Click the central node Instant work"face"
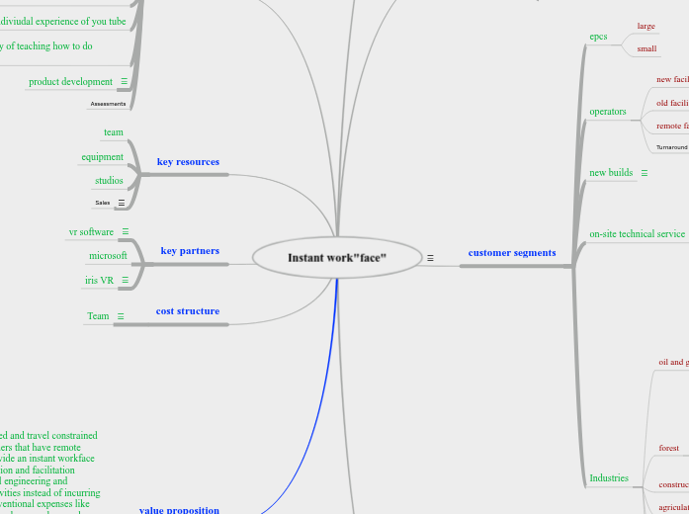tap(337, 257)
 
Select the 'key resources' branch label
tap(188, 161)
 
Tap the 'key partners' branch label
tap(190, 251)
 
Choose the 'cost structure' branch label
tap(188, 311)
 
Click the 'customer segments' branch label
tap(512, 253)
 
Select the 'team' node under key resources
tap(114, 132)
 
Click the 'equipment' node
tap(103, 156)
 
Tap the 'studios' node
tap(109, 181)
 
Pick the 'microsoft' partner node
tap(108, 255)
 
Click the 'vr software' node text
tap(91, 231)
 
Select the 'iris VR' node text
tap(99, 280)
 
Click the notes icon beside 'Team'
tap(121, 316)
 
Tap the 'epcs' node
tap(598, 37)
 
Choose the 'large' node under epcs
tap(646, 26)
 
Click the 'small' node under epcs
tap(646, 48)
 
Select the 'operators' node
tap(608, 112)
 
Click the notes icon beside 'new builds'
tap(645, 173)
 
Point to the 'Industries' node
tap(609, 478)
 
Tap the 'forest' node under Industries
tap(669, 449)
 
